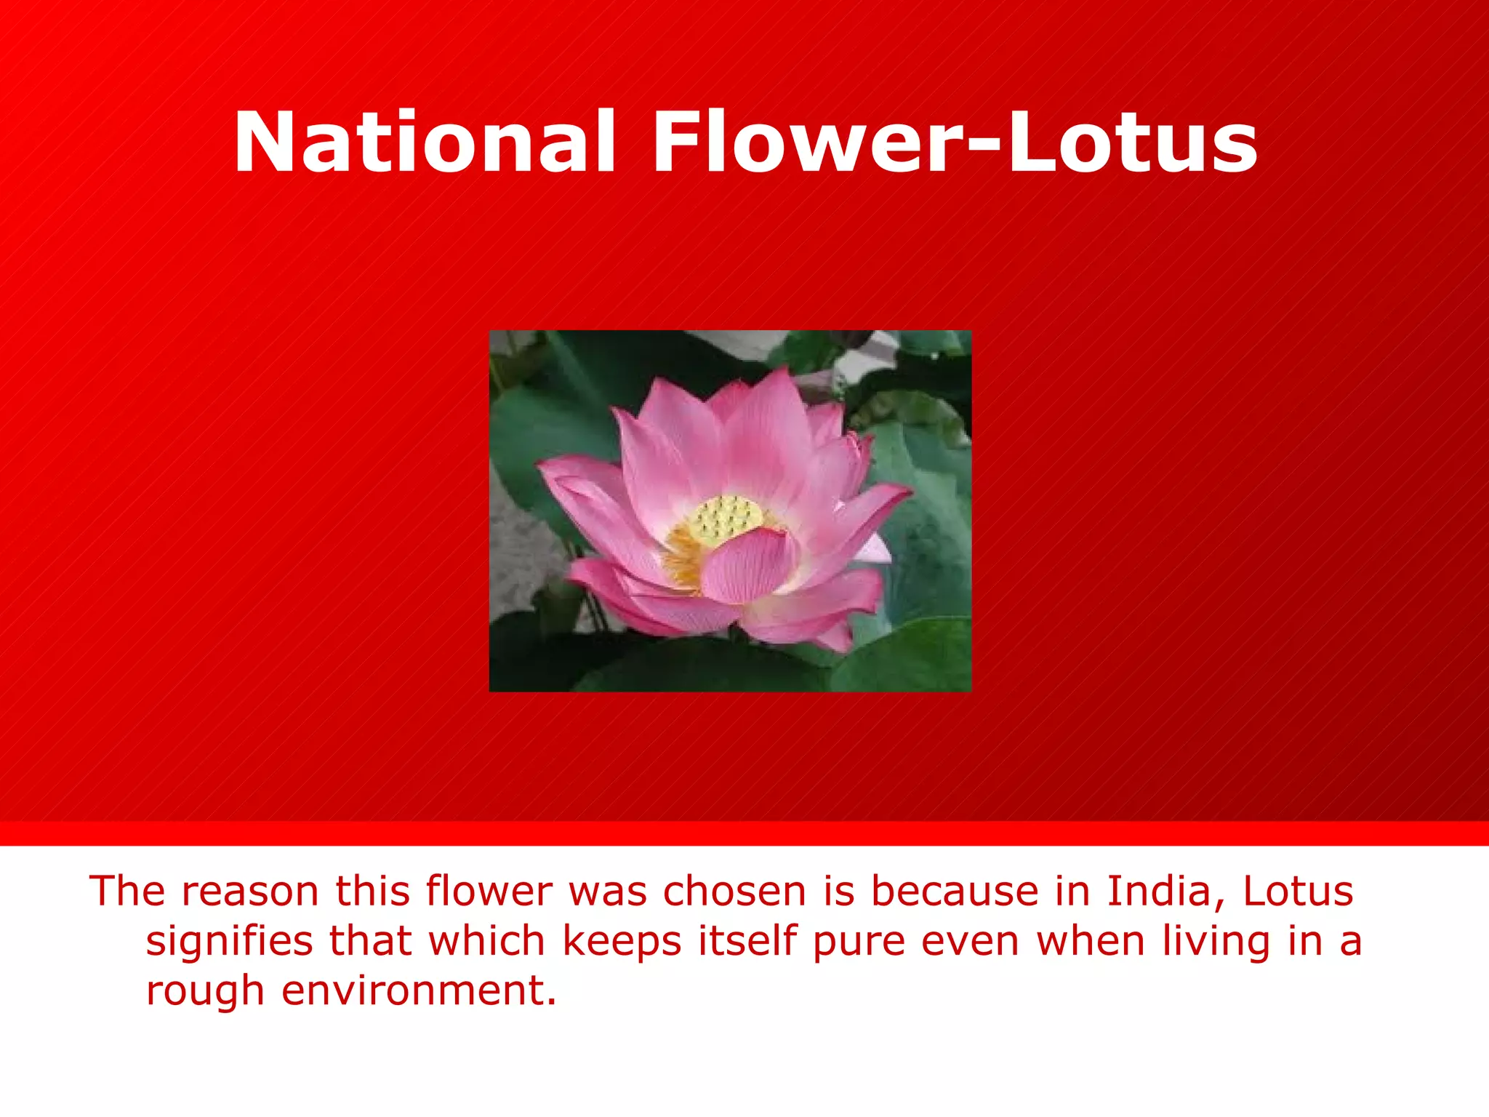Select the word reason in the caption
pyautogui.click(x=249, y=891)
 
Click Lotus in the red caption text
pyautogui.click(x=1298, y=891)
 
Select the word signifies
pyautogui.click(x=228, y=940)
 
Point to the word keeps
pyautogui.click(x=622, y=940)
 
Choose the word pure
pyautogui.click(x=859, y=942)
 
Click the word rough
pyautogui.click(x=204, y=990)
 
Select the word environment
pyautogui.click(x=419, y=990)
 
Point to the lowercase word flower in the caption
pyautogui.click(x=489, y=891)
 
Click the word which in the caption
pyautogui.click(x=486, y=940)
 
